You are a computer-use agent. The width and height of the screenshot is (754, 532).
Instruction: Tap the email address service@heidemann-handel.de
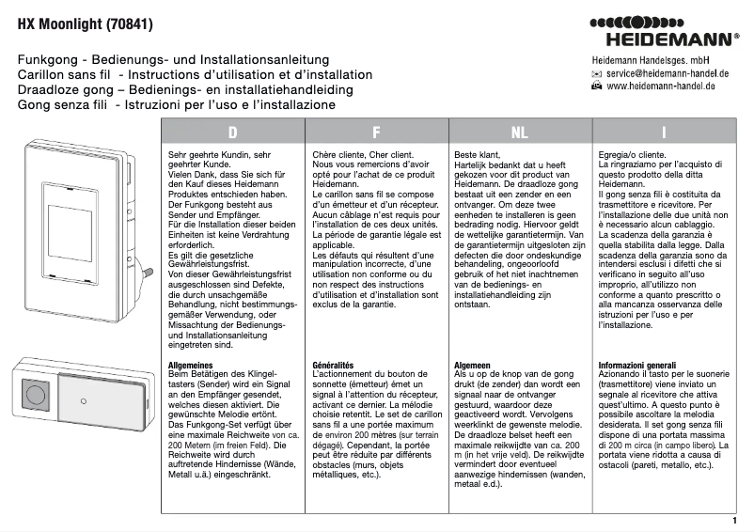(668, 72)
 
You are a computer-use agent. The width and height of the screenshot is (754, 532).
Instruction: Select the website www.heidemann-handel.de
(661, 86)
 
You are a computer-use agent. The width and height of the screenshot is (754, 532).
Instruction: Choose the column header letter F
(376, 133)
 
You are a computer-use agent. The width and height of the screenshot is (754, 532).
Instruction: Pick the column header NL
(519, 133)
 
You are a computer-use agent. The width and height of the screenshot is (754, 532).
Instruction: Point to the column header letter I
(664, 133)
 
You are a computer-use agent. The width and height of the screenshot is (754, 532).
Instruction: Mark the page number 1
(733, 520)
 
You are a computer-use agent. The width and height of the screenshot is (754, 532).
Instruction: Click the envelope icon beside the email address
(596, 72)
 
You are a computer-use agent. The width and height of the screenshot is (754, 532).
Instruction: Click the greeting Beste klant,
(478, 153)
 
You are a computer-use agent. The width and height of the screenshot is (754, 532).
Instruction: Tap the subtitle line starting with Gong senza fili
(176, 105)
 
